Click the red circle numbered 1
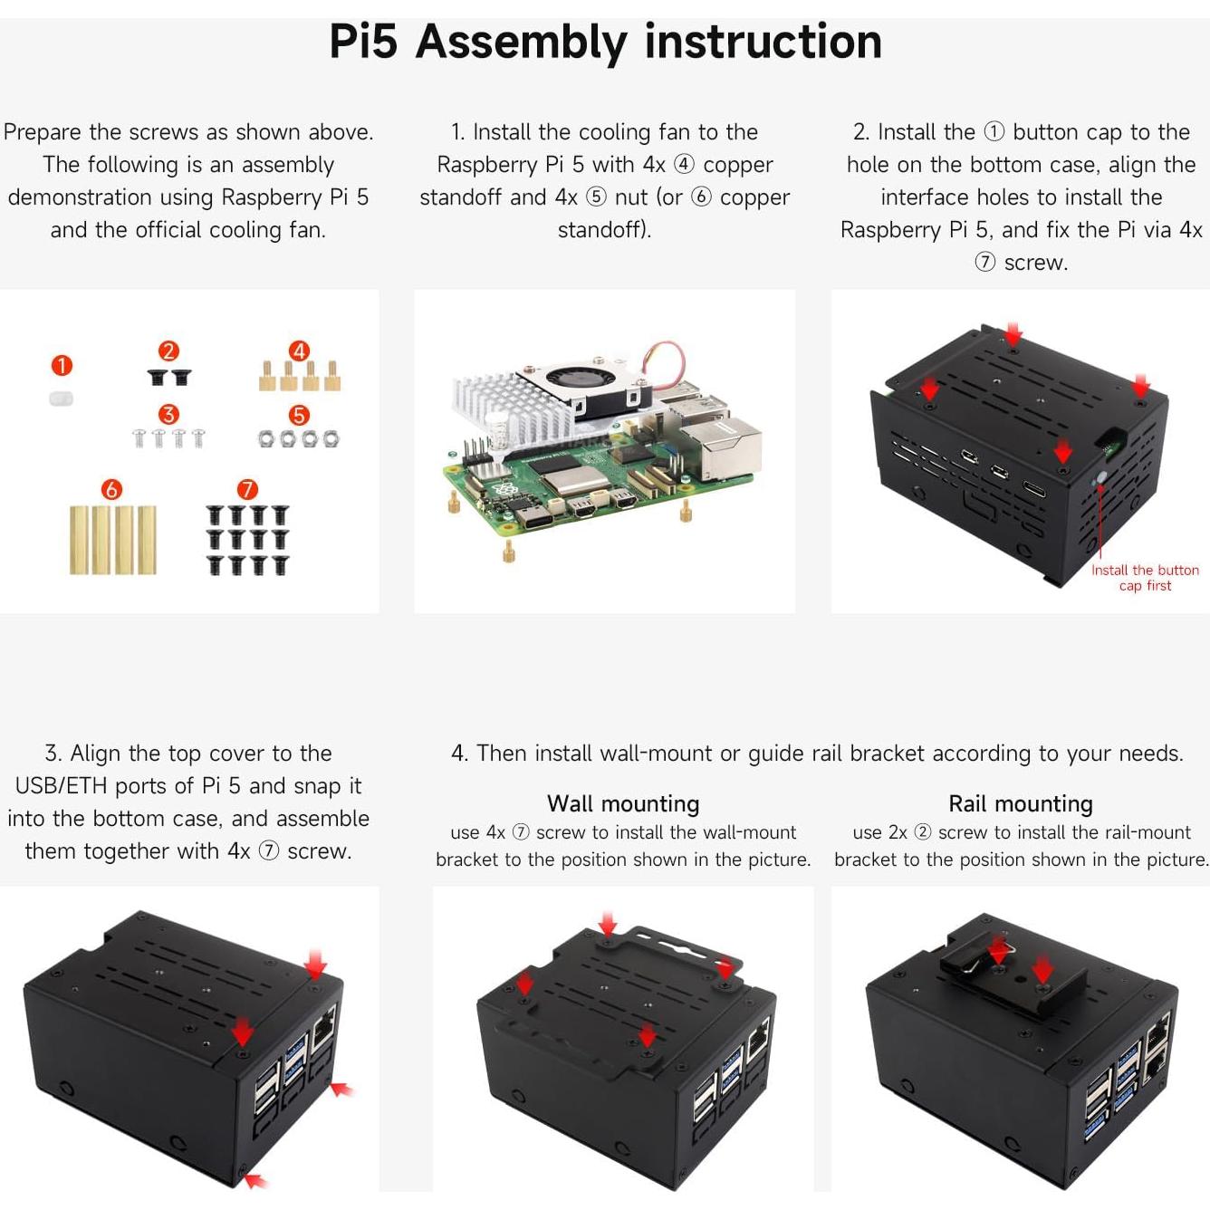pyautogui.click(x=62, y=366)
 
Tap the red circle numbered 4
pyautogui.click(x=299, y=351)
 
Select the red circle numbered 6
pyautogui.click(x=111, y=490)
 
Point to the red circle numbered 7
pyautogui.click(x=247, y=490)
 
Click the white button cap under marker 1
pyautogui.click(x=61, y=399)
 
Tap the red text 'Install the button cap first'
pyautogui.click(x=1144, y=578)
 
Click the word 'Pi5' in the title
pyautogui.click(x=363, y=42)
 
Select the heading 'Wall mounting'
pyautogui.click(x=623, y=803)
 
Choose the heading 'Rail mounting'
pyautogui.click(x=1020, y=803)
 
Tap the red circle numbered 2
pyautogui.click(x=168, y=351)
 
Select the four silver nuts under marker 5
pyautogui.click(x=299, y=439)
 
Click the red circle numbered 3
pyautogui.click(x=168, y=415)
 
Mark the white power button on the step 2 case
pyautogui.click(x=1101, y=477)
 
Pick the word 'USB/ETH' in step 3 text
pyautogui.click(x=62, y=786)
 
